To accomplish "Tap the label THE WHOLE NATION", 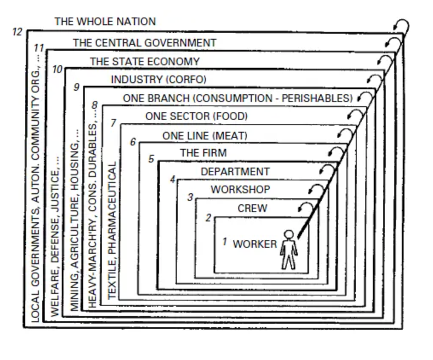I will [105, 21].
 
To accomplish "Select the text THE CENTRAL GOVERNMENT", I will [144, 43].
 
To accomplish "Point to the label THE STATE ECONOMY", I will [144, 61].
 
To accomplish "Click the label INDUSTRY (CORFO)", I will [158, 80].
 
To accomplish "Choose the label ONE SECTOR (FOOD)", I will [196, 116].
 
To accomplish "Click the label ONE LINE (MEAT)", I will [205, 136].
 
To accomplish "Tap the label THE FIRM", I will [203, 153].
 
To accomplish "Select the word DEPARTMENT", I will [235, 171].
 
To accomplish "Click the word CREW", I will [252, 209].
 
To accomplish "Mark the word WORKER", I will [254, 244].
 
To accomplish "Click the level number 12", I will [17, 32].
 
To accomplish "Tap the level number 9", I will [77, 87].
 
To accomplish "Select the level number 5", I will [151, 159].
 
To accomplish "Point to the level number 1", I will [225, 242].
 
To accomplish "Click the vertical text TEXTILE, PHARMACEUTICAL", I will [112, 230].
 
